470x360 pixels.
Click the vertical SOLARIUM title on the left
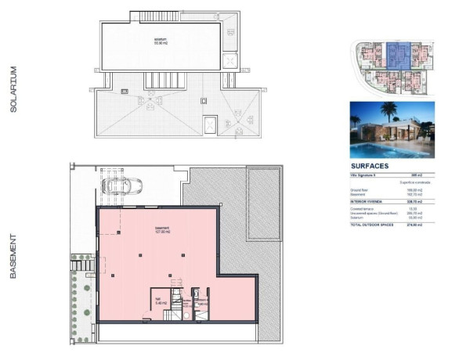pyautogui.click(x=13, y=90)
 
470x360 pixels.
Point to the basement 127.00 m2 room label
pyautogui.click(x=163, y=230)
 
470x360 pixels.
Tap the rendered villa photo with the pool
pyautogui.click(x=392, y=130)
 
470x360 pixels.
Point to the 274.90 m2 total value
pyautogui.click(x=425, y=225)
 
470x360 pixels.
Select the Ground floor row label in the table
pyautogui.click(x=360, y=189)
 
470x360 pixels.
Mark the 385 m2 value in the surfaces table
pyautogui.click(x=427, y=175)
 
